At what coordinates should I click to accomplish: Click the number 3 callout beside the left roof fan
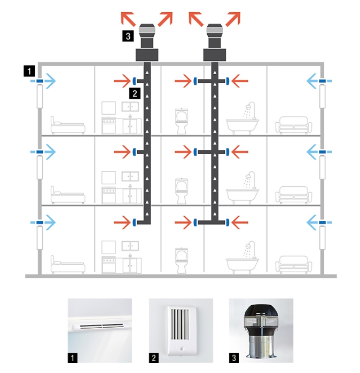point(128,36)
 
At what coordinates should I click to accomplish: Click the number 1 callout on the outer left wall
point(29,71)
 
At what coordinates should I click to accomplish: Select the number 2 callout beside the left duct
point(135,93)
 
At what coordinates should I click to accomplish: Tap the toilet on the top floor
point(182,121)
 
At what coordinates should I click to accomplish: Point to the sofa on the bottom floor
point(294,264)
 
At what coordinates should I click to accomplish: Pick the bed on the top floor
point(68,125)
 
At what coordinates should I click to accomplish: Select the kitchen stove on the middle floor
point(109,195)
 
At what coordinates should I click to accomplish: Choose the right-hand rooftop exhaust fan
point(215,42)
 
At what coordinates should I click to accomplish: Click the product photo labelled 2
point(181,330)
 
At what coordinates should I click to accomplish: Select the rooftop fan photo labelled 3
point(261,330)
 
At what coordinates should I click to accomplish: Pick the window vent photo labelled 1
point(100,330)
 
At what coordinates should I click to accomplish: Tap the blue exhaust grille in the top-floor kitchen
point(134,81)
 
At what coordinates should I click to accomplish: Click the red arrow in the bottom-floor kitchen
point(122,223)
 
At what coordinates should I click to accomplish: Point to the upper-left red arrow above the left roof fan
point(128,19)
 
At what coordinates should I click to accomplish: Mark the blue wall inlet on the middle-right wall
point(322,152)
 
